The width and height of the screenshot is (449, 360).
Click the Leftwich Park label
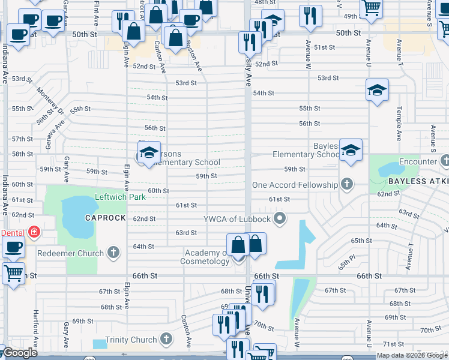121,197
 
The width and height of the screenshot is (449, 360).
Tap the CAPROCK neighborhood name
105,218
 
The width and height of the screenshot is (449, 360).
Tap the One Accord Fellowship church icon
347,185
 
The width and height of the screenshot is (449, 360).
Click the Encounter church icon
445,161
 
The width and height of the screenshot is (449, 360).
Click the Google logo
20,353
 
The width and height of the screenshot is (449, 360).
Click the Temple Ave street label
398,124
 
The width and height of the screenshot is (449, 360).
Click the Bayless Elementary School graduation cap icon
350,151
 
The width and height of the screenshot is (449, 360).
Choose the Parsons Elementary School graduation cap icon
149,152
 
